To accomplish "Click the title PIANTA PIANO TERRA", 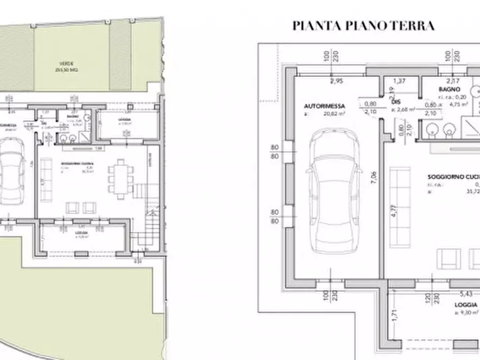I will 363,26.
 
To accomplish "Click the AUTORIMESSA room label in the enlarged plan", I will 324,106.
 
